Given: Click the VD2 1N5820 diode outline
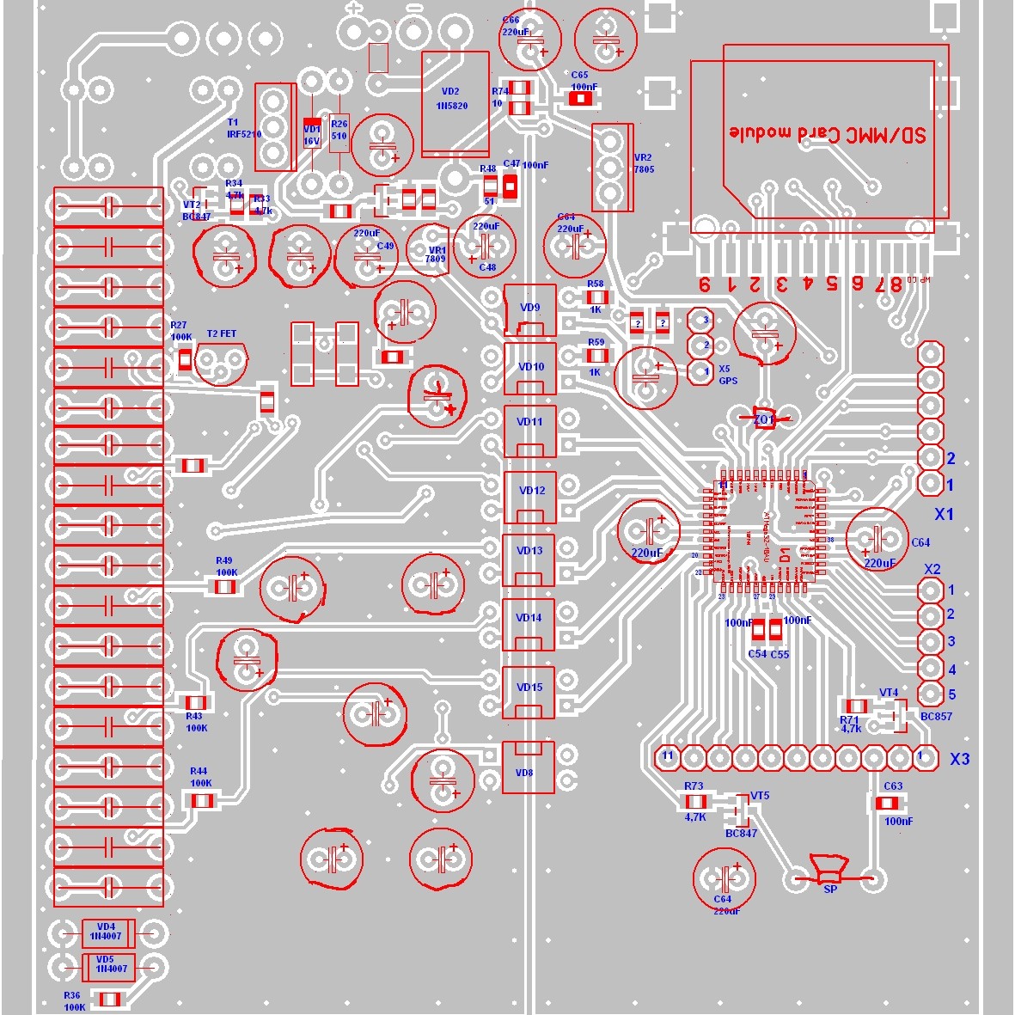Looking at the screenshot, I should (455, 104).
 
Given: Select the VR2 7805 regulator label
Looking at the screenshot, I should (644, 163).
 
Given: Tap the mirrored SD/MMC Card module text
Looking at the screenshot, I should (828, 134).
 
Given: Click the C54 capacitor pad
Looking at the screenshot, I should (758, 630).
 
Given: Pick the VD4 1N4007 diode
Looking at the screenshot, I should (107, 932).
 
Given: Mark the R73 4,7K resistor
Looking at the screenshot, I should (695, 802).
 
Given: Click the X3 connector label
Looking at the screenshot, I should (959, 759).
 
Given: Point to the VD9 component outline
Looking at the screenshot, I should (530, 310).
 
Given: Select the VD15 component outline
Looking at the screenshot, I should (529, 693).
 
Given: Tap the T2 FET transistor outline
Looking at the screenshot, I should (222, 363).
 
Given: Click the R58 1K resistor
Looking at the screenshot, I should (595, 297).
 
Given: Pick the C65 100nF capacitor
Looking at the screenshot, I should (582, 98).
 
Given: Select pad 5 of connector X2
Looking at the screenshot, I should (930, 693).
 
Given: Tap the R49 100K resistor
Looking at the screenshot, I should (225, 587).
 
